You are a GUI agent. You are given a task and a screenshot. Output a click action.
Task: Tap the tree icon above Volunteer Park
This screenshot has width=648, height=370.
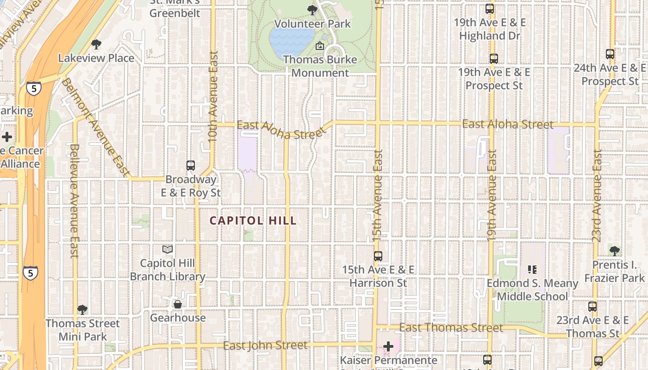click(x=312, y=9)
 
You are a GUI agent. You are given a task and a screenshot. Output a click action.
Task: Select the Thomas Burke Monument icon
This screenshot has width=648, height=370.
click(x=319, y=46)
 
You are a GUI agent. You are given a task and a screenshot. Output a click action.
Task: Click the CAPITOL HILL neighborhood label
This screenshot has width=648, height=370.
click(x=253, y=221)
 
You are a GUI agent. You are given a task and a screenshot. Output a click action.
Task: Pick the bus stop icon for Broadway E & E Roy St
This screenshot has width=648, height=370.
click(x=190, y=165)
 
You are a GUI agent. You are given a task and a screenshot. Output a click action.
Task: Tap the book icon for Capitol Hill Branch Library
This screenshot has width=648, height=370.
click(x=168, y=250)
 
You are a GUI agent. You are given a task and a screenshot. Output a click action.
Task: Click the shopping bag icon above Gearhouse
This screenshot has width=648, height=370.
click(x=177, y=304)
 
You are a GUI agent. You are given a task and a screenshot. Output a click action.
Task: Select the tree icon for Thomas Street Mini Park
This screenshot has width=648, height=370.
click(x=82, y=309)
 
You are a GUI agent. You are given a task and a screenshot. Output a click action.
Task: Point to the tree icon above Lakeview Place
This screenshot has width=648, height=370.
click(x=96, y=44)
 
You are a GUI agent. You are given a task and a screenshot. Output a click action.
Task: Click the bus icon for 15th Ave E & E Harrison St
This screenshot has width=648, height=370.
click(x=378, y=256)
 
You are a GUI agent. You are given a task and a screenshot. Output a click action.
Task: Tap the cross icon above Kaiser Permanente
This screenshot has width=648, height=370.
click(x=388, y=346)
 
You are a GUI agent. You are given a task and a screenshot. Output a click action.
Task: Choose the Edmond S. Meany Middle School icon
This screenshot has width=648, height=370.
click(x=532, y=269)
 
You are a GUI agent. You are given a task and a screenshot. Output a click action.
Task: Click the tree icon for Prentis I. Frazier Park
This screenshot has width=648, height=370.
click(x=614, y=251)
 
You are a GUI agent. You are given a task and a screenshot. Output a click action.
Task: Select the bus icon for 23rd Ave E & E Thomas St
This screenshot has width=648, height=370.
click(x=592, y=306)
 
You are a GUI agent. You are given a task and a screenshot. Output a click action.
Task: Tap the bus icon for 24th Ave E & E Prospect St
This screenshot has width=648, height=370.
click(x=610, y=54)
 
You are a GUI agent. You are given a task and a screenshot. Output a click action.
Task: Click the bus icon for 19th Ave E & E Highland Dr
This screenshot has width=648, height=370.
click(x=490, y=8)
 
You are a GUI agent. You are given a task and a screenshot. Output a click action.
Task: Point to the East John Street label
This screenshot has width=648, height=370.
click(x=265, y=345)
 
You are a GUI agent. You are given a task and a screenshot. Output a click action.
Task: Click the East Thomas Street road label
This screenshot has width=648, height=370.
click(x=451, y=328)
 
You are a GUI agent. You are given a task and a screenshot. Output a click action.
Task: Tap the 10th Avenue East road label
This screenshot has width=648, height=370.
click(x=213, y=96)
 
